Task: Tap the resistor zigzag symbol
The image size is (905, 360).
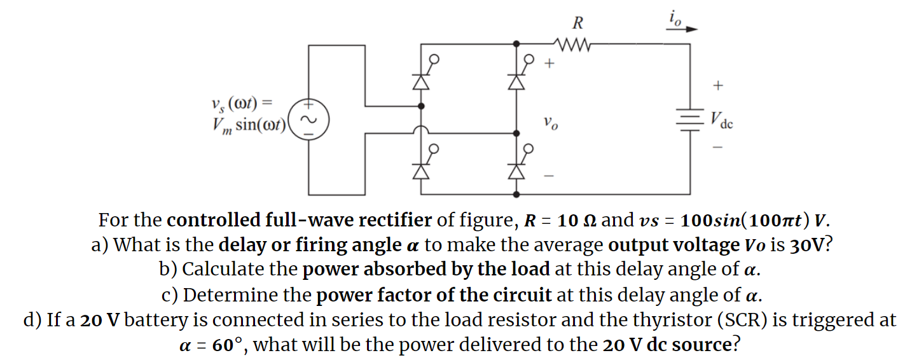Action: coord(574,45)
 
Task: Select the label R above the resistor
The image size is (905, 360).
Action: coord(577,24)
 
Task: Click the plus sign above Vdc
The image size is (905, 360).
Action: coord(719,85)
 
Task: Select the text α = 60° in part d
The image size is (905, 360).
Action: coord(213,345)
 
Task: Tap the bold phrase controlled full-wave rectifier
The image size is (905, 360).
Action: coord(299,221)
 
